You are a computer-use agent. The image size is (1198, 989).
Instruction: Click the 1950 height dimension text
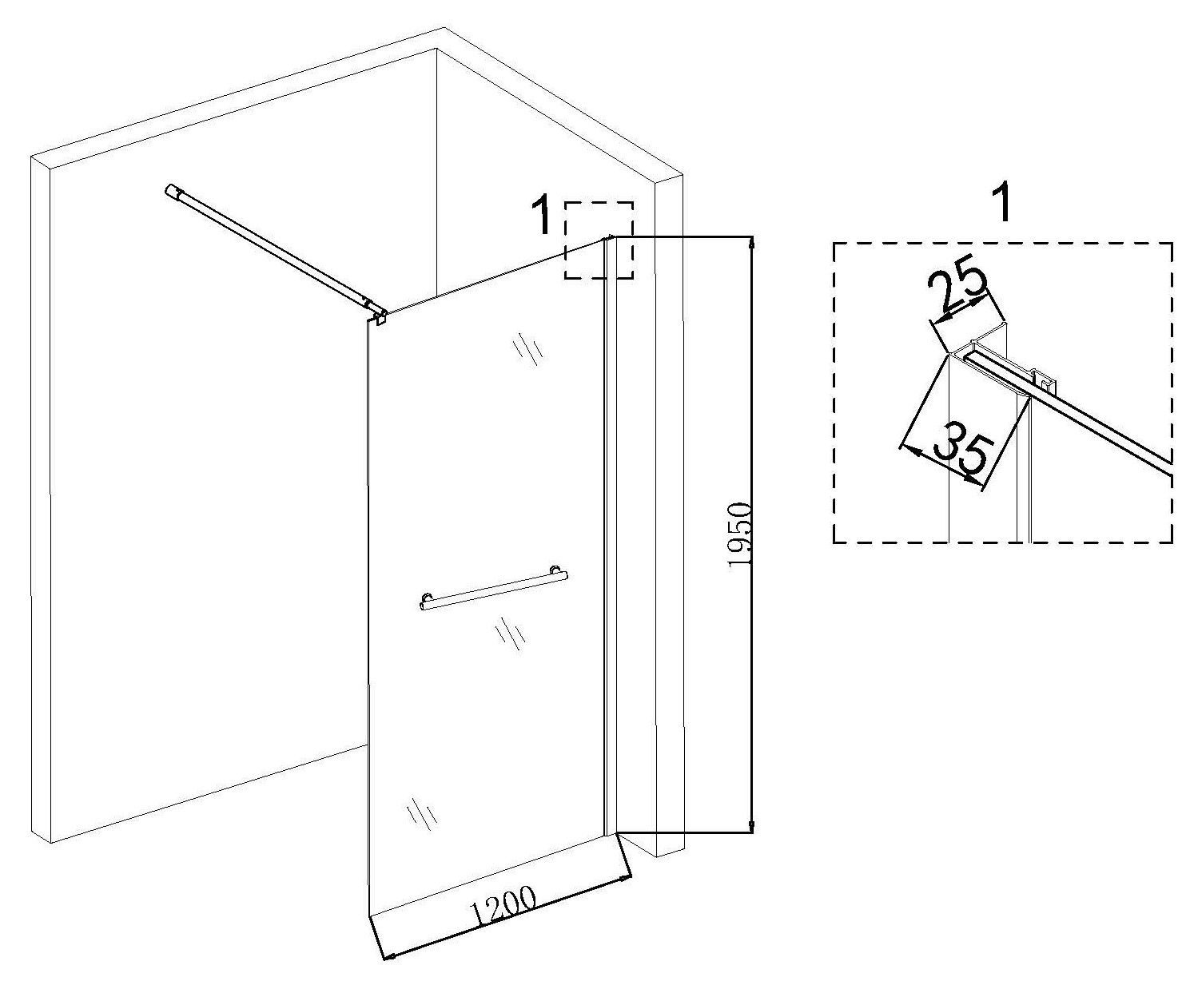click(x=738, y=535)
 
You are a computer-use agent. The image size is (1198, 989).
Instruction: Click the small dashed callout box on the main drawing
click(x=599, y=240)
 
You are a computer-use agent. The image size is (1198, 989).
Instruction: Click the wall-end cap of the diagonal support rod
click(x=172, y=190)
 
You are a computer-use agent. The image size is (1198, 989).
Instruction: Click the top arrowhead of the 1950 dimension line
click(x=751, y=242)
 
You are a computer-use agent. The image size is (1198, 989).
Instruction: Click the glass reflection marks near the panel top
click(x=528, y=345)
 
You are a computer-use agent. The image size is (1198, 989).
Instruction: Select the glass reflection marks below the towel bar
click(x=510, y=633)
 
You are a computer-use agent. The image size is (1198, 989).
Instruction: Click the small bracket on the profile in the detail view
click(x=1042, y=380)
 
